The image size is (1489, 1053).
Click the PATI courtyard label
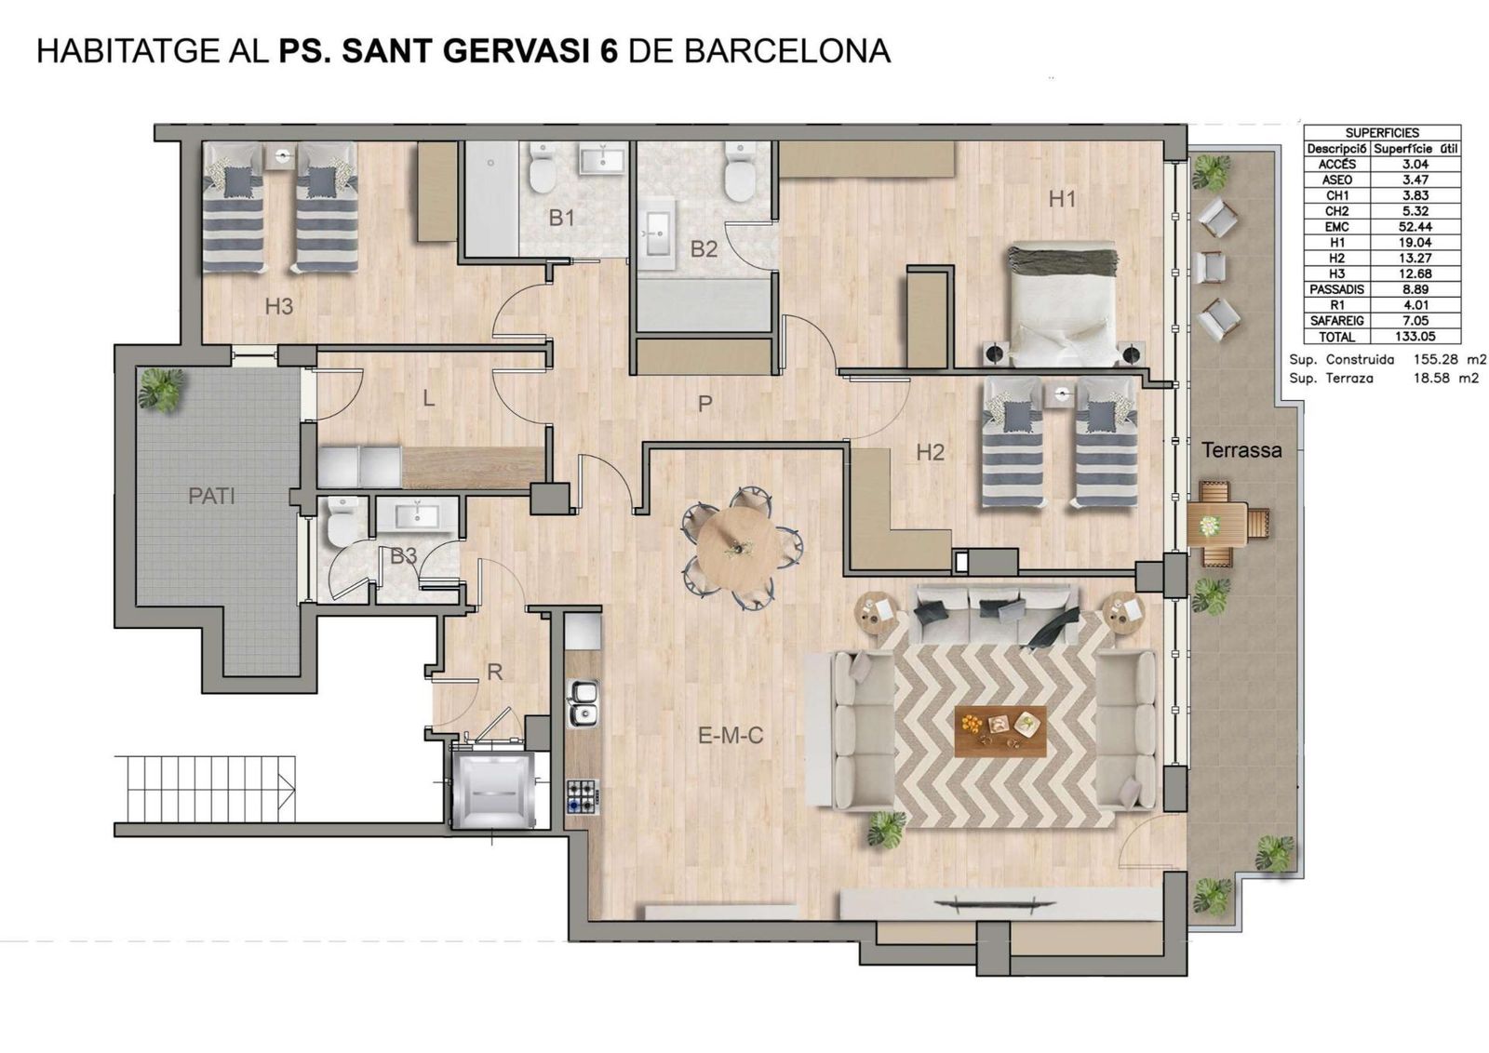[211, 496]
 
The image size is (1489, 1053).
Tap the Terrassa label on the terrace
[1241, 450]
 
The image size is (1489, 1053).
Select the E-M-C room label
[731, 736]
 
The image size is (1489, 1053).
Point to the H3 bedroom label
[279, 305]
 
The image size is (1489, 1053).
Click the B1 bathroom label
[561, 218]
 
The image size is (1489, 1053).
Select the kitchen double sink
[584, 703]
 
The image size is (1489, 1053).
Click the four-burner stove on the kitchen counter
[583, 793]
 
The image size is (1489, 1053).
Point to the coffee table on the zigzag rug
[1000, 730]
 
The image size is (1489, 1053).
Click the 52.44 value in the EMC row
[1415, 227]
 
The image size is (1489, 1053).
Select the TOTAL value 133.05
[1415, 337]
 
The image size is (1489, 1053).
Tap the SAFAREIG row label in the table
[1336, 321]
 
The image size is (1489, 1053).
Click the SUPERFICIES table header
[1382, 133]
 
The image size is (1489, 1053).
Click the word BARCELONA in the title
[786, 51]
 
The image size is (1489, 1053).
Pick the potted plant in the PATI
[160, 389]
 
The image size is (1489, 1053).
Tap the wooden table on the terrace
[1216, 526]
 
